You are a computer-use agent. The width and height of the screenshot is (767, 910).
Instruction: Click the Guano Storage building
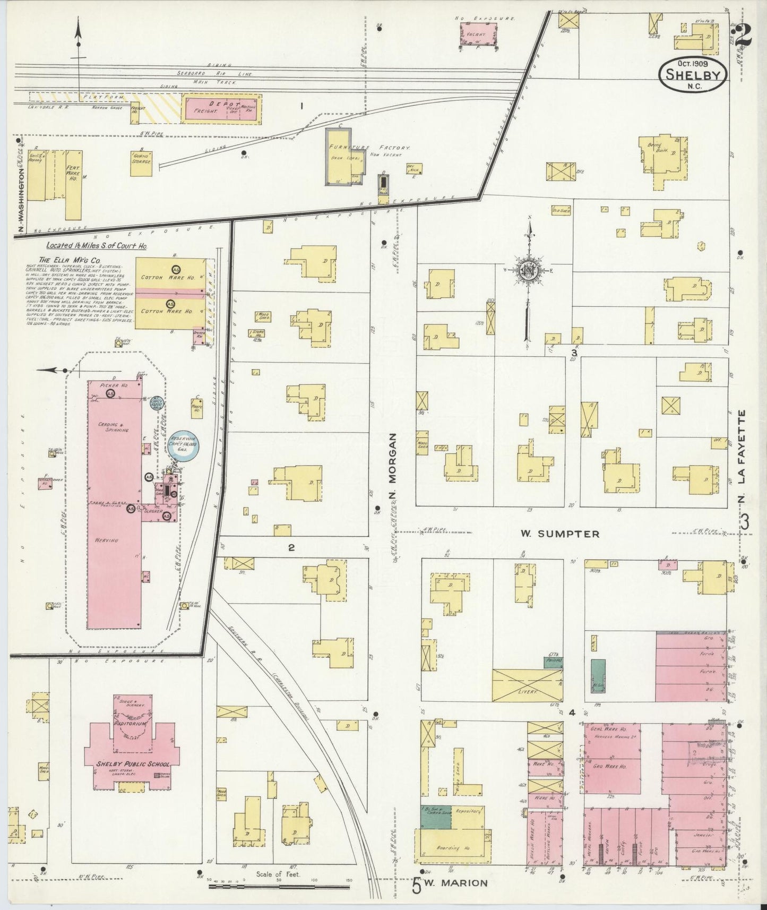142,160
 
